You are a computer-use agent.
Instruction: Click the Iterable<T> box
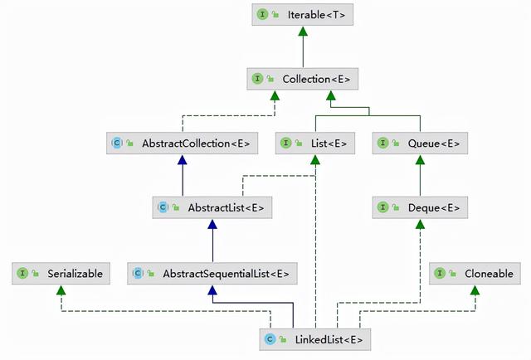302,15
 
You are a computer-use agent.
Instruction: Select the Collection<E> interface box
302,79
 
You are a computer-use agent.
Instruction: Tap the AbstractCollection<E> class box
183,144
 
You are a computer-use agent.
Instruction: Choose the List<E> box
315,144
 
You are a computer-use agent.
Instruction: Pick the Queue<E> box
420,144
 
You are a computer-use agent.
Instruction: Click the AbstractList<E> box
212,207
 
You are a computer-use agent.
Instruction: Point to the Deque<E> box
420,207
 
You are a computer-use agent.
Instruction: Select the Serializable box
61,273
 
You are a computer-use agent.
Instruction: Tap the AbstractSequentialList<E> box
212,273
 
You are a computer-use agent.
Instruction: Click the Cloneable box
475,273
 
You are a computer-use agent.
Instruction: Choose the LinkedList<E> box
315,339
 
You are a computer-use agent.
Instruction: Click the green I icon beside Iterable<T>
262,14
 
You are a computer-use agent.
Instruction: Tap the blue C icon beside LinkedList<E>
270,339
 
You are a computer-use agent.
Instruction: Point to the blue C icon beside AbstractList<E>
163,207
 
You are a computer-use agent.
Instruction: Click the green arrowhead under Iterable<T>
303,32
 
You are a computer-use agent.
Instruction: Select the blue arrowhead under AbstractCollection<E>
183,160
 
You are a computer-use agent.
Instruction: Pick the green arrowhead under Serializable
61,289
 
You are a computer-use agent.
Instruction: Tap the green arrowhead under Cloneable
475,289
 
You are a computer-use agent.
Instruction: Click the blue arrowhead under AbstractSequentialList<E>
212,289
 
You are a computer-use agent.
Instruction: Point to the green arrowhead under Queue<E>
421,160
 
